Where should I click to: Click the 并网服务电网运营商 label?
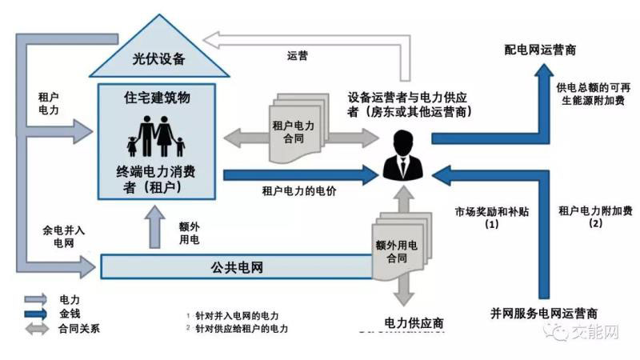click(543, 313)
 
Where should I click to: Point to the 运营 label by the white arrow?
click(298, 56)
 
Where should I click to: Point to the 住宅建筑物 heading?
click(158, 97)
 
